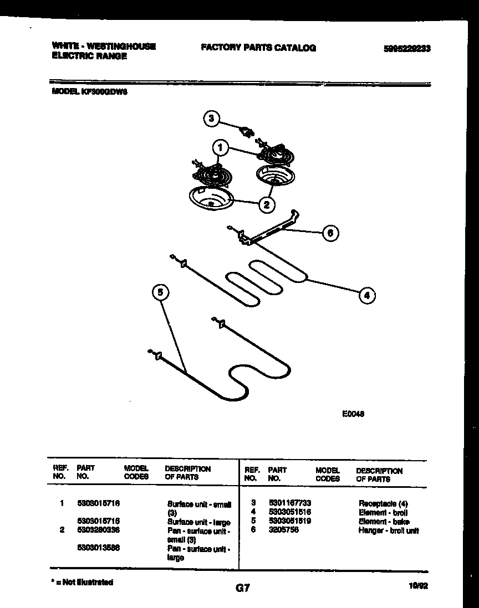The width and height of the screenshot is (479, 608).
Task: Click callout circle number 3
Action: pos(211,118)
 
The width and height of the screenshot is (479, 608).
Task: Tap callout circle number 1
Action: pos(221,148)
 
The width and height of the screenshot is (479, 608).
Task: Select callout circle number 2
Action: pos(267,204)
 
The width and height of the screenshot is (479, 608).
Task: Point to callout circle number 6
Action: pos(330,233)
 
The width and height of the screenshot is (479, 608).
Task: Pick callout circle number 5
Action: pos(160,292)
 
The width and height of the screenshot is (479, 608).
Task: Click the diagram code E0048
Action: pos(353,413)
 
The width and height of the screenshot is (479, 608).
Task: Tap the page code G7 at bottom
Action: pos(242,589)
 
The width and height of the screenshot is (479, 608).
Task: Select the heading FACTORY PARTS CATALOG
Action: pos(258,48)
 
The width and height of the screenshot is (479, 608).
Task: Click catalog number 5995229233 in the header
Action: pos(407,49)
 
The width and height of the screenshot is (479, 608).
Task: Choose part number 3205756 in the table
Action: pos(283,530)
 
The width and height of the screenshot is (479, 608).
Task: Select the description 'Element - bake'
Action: pos(384,522)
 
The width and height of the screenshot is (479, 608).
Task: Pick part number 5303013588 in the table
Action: pos(99,548)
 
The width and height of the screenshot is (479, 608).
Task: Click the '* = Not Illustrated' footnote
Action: pos(82,582)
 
